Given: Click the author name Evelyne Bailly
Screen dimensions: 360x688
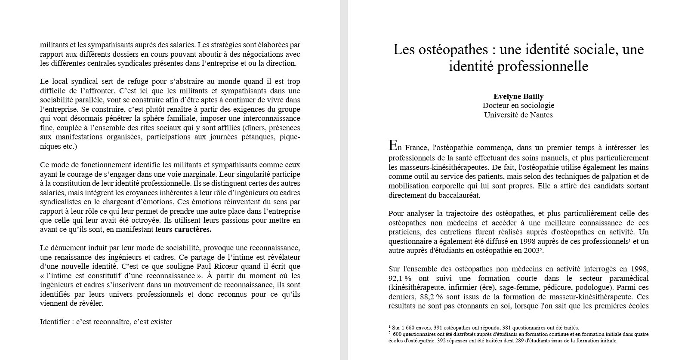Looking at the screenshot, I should [518, 96].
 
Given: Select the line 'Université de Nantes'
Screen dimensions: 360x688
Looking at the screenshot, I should [518, 115].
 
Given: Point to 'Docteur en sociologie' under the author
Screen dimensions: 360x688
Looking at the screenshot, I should [518, 105].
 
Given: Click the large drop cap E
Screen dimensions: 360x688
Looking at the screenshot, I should [392, 145].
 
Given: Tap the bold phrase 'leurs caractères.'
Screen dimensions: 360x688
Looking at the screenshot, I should [183, 229].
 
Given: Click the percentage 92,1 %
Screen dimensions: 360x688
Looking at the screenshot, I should [400, 278].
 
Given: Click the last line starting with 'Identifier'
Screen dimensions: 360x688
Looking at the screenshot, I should [106, 322].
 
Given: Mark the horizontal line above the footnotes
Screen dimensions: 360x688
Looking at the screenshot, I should [429, 321].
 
